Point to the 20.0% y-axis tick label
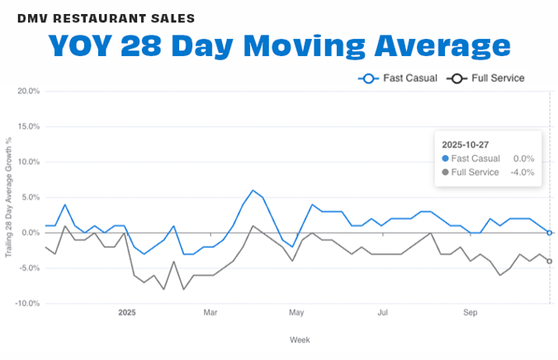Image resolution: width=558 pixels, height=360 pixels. (28, 92)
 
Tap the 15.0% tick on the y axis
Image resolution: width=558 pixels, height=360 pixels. (28, 127)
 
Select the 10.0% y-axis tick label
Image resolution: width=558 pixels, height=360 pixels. (28, 163)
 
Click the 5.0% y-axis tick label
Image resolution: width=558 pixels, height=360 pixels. (30, 197)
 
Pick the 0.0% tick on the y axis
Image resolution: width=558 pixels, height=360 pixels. (30, 233)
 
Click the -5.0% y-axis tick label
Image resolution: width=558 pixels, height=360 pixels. (29, 268)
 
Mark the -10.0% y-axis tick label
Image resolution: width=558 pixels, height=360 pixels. (27, 304)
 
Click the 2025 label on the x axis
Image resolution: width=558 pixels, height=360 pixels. (126, 313)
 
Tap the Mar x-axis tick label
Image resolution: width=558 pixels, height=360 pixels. (210, 313)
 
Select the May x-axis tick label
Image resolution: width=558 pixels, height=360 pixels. (296, 313)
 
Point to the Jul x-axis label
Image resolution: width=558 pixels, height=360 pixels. (383, 313)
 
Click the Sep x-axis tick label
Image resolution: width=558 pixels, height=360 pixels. (470, 313)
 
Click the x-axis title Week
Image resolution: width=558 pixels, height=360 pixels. (300, 339)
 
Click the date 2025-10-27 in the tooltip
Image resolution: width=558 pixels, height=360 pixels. (467, 144)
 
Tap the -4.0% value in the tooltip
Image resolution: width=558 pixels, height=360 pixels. (522, 172)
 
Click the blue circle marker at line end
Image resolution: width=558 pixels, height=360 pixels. (550, 233)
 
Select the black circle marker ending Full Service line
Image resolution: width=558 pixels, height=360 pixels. (550, 261)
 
